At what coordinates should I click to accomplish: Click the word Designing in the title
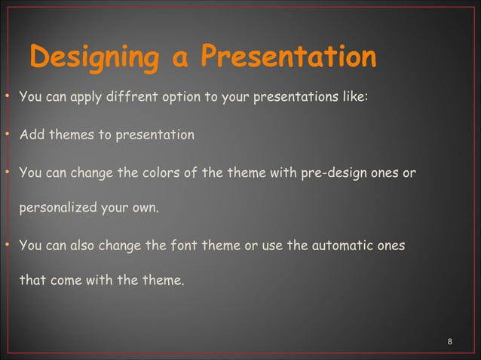click(x=97, y=59)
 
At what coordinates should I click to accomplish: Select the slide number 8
click(x=450, y=343)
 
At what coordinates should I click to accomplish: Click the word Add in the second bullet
click(x=31, y=136)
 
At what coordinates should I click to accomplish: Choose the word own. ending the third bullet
click(x=143, y=207)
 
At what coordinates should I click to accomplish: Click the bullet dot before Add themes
click(x=7, y=136)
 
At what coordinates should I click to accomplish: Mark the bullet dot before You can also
click(x=7, y=246)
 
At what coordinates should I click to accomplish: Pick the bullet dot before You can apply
click(x=7, y=97)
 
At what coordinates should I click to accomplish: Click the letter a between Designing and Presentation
click(x=180, y=60)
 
